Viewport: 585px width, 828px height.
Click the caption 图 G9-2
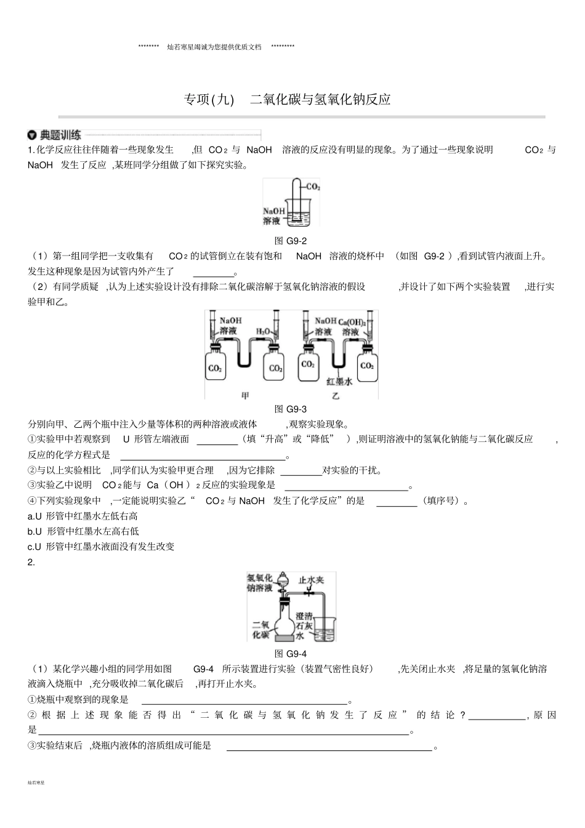click(290, 241)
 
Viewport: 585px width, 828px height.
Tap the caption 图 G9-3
click(290, 409)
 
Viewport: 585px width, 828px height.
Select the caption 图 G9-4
click(290, 654)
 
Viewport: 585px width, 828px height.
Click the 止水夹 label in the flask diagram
click(311, 580)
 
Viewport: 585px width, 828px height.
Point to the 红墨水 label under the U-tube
click(339, 382)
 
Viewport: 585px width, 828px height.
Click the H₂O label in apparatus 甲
click(263, 331)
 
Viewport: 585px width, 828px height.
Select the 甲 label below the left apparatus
click(245, 396)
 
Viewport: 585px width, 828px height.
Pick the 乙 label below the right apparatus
click(336, 396)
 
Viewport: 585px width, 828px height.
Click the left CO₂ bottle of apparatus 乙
click(307, 367)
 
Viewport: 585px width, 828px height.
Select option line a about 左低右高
click(83, 516)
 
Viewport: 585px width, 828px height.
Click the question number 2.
click(31, 562)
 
